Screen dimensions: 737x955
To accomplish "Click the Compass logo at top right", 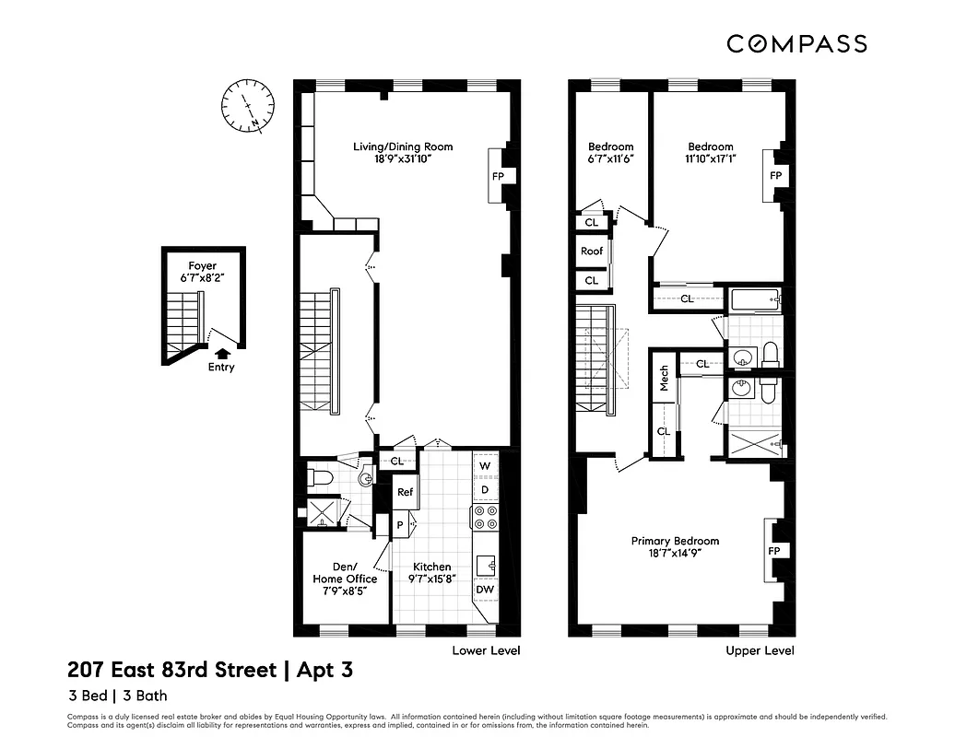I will coord(796,43).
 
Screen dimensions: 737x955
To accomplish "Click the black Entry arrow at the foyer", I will coord(221,352).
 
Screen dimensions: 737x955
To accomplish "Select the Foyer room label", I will coord(203,266).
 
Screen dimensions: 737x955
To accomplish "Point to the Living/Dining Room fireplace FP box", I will coord(498,176).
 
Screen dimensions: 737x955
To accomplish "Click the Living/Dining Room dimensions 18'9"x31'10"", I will coord(403,158).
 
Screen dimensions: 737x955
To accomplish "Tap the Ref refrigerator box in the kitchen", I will coord(405,492).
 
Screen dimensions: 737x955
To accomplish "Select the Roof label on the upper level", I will coord(592,251).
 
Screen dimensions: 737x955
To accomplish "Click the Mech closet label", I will coord(663,378).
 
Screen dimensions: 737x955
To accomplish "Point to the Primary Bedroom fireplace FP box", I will coord(774,550).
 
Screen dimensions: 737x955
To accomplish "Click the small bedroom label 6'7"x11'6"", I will coord(610,152).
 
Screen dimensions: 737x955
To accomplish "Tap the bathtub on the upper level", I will coord(754,299).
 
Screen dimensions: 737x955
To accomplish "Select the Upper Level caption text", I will coord(759,650).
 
